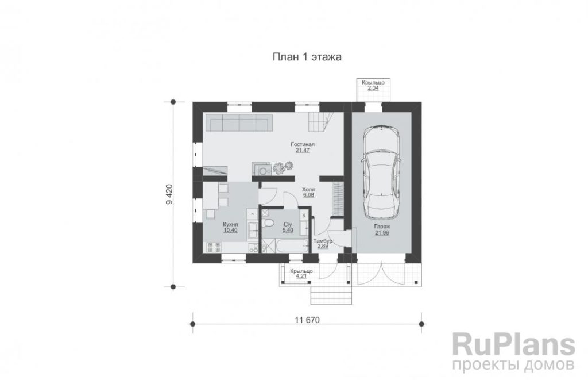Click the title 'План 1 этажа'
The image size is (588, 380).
307,57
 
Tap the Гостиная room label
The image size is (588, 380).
302,144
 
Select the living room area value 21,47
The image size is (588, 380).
302,151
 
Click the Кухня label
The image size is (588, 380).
230,224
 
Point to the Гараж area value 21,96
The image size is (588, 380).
382,233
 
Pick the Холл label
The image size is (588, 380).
308,190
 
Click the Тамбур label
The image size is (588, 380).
323,241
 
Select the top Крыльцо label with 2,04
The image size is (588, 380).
373,82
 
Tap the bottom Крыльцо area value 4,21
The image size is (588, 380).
301,276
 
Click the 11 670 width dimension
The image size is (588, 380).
307,320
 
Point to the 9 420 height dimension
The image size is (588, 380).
169,194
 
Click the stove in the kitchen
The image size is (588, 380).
212,247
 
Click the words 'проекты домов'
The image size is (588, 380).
513,364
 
